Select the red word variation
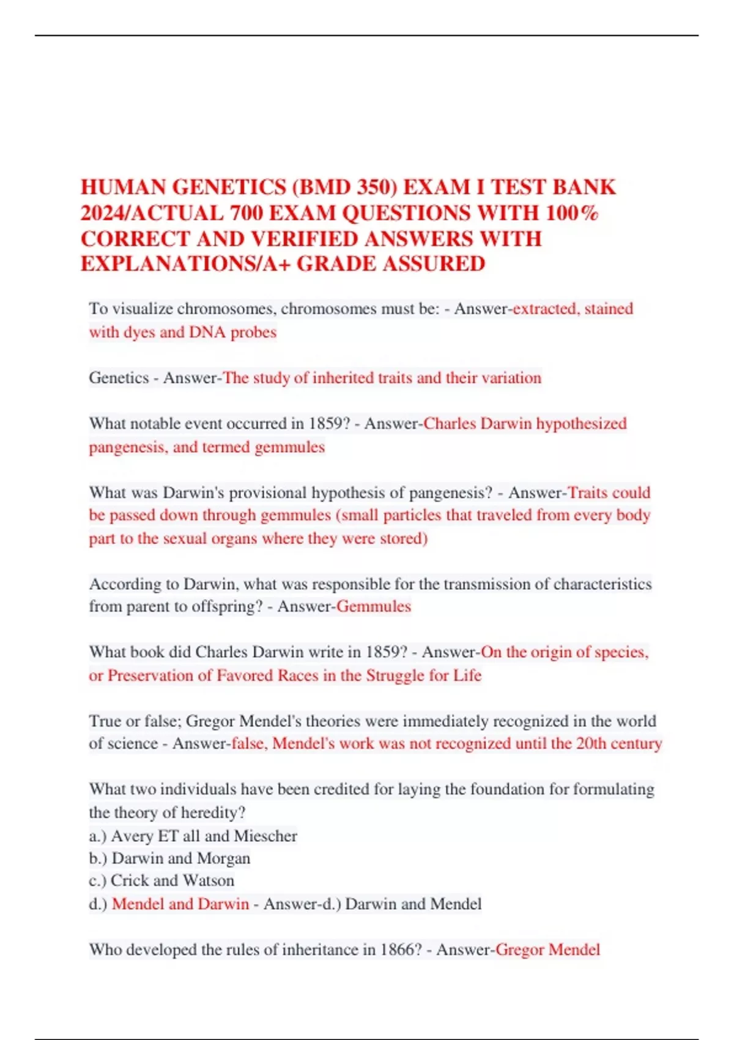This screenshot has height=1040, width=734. (x=511, y=378)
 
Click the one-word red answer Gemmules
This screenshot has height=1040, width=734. (x=374, y=606)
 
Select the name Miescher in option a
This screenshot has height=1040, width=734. (x=265, y=836)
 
